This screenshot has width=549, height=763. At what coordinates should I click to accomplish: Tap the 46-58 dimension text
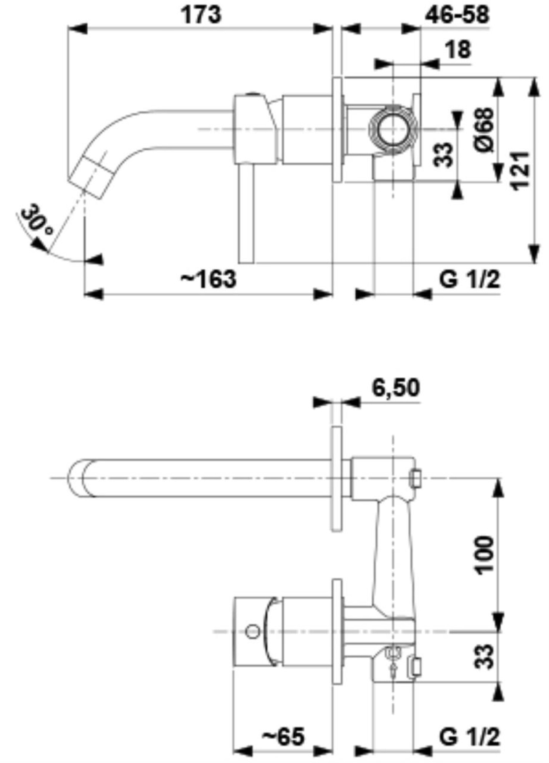(457, 15)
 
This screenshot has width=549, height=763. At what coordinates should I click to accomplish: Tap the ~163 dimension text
(208, 279)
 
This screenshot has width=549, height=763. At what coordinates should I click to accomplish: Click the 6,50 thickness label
(395, 388)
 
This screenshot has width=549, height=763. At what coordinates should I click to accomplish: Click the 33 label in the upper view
(443, 155)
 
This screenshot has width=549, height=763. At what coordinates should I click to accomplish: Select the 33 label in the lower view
(484, 656)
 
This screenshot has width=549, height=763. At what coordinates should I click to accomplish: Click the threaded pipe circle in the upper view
(393, 130)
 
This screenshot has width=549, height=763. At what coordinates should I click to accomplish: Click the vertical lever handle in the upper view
(246, 214)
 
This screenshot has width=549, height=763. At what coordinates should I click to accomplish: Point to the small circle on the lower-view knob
(252, 631)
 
